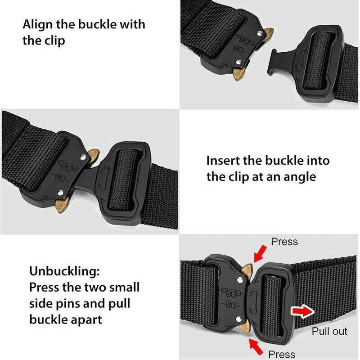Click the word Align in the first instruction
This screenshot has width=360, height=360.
[x=38, y=25]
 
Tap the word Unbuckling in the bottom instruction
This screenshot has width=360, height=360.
[x=64, y=272]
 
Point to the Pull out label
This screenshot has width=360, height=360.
[x=329, y=331]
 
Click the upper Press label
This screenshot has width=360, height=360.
[x=284, y=242]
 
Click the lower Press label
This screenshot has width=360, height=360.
[x=282, y=354]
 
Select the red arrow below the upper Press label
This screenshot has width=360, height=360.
[x=260, y=254]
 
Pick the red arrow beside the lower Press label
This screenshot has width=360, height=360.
[x=256, y=347]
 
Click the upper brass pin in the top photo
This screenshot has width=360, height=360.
[x=268, y=33]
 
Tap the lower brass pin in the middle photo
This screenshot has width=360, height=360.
[x=62, y=205]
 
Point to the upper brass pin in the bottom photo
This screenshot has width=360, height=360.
[x=247, y=270]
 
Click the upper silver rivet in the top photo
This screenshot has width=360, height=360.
[x=260, y=34]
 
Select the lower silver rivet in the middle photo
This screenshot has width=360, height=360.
[x=60, y=193]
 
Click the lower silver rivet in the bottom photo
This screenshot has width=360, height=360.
[x=238, y=319]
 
